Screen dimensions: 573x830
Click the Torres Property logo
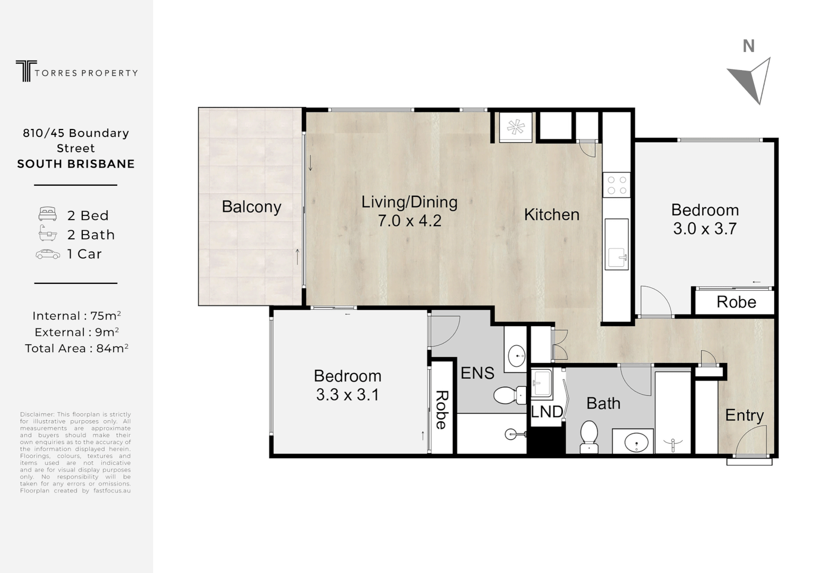coord(76,71)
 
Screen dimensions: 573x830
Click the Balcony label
coord(251,206)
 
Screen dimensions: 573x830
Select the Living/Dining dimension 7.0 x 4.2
coord(409,221)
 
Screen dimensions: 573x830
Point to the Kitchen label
coord(552,214)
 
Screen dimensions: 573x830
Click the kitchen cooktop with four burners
coord(617,185)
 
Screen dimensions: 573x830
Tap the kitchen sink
coord(617,257)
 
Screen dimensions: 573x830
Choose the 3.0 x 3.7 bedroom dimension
coord(704,229)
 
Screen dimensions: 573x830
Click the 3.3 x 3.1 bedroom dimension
coord(347,395)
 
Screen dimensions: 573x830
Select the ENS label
coord(477,373)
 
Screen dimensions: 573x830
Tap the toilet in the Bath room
coord(589,437)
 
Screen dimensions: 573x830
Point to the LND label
coord(547,411)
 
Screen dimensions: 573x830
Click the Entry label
coord(744,415)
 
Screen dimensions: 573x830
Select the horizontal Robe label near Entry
coord(736,302)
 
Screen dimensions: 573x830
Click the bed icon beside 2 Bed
coord(48,214)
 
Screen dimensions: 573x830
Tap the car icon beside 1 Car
coord(48,254)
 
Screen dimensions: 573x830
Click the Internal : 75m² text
coord(76,316)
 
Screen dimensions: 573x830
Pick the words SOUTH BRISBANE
coord(76,164)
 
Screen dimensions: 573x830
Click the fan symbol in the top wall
coord(514,127)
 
